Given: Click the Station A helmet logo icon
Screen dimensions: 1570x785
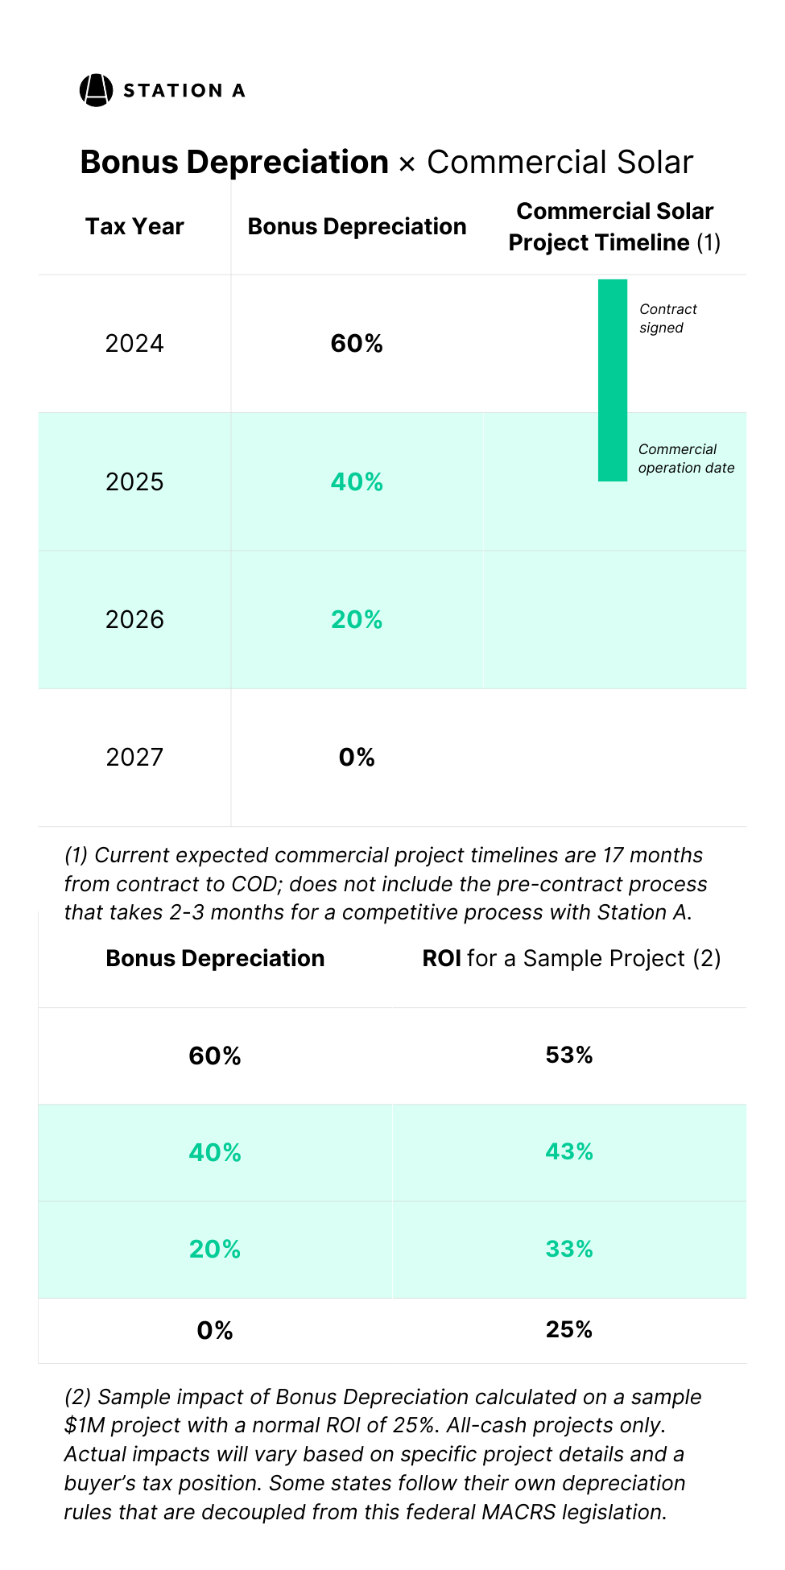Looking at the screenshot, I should (96, 90).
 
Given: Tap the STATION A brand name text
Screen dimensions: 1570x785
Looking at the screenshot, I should (184, 91).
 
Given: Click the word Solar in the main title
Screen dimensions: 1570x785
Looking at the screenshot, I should (655, 163).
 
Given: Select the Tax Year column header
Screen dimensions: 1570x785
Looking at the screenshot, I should (134, 227).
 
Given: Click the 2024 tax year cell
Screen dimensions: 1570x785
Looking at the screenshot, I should (134, 344).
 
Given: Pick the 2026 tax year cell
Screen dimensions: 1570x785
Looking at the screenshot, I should (134, 620).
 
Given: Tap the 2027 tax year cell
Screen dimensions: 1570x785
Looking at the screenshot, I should (134, 758).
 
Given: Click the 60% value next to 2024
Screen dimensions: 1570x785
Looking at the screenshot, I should (357, 344).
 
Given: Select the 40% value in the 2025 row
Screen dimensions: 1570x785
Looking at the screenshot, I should (357, 482).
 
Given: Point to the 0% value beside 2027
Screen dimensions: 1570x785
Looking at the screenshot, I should (357, 758).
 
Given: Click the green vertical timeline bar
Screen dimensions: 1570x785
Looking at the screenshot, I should (612, 380).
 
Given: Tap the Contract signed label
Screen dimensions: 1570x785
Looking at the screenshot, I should (667, 319).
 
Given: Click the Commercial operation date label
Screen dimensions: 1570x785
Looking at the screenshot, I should (685, 459).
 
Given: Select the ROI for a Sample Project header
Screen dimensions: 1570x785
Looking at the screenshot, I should (571, 959).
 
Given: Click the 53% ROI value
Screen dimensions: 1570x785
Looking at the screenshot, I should (568, 1056).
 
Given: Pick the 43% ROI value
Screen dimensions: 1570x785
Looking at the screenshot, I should (568, 1152).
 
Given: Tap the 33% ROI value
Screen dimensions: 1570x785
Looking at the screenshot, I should (568, 1250).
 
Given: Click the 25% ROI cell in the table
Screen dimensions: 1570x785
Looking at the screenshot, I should (568, 1330).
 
